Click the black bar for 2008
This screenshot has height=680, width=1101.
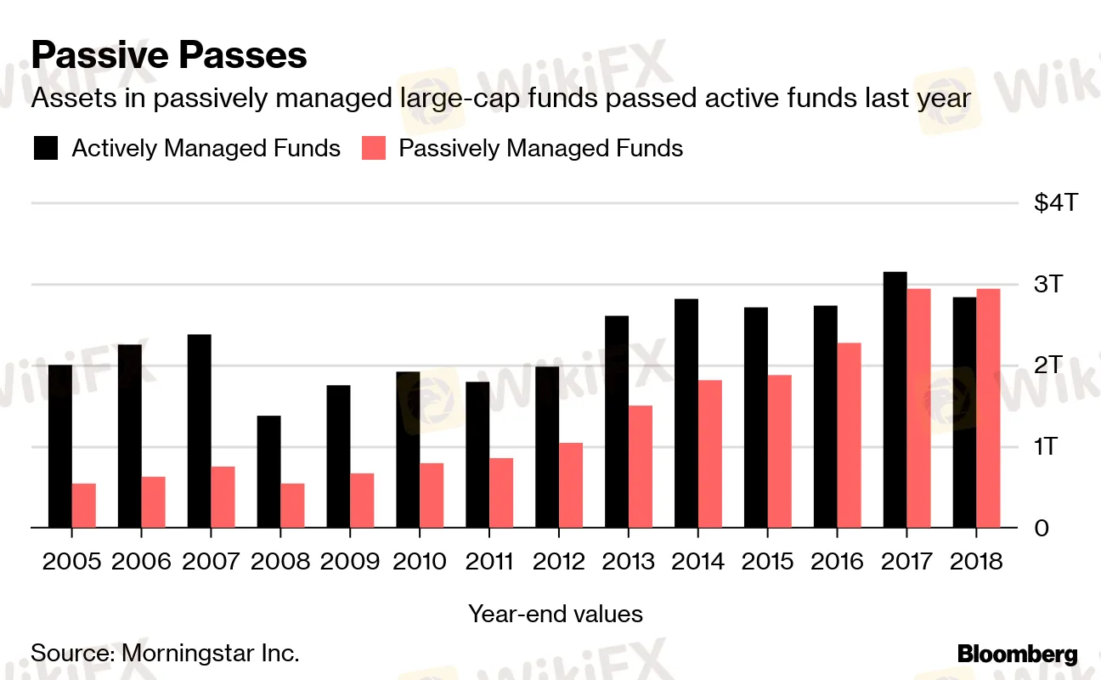[x=269, y=472]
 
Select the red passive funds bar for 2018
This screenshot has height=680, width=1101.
[x=988, y=408]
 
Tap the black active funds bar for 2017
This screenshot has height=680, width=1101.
[x=895, y=399]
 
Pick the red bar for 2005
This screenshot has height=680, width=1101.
[x=84, y=506]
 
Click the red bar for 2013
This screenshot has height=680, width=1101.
[x=641, y=467]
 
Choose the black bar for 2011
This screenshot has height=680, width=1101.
[x=477, y=455]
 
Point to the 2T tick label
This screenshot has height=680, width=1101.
[x=1048, y=365]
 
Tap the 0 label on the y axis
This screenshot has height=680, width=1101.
[x=1042, y=528]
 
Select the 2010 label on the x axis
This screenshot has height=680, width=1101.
[x=420, y=562]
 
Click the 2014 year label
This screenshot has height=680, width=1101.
[x=698, y=562]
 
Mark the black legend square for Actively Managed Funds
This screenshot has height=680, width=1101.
[x=46, y=149]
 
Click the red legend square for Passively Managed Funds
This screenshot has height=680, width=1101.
[x=374, y=149]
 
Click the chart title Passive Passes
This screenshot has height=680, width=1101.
[x=169, y=56]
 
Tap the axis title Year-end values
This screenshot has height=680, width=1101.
[x=556, y=614]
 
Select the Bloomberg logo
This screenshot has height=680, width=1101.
[x=1017, y=654]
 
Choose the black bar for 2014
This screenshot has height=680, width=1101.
[x=686, y=413]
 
